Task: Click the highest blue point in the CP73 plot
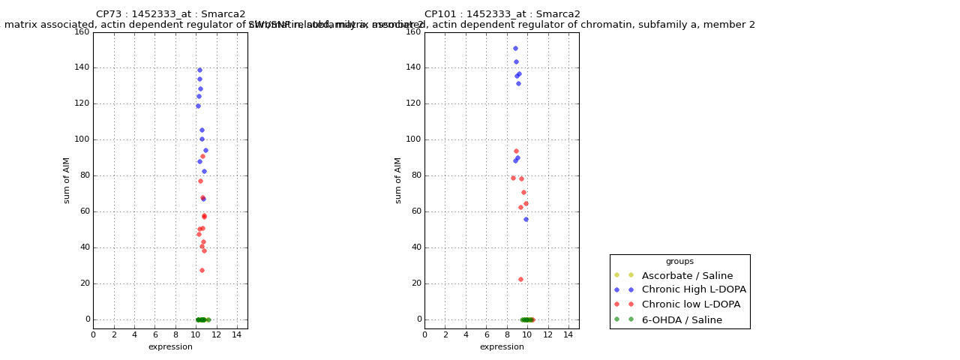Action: coord(199,70)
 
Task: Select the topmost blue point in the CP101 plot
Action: coord(515,48)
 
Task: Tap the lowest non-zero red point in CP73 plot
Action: coord(202,270)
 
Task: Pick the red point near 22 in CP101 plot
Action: coord(520,279)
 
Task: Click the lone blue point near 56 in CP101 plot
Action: coord(526,219)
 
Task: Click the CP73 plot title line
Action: coord(170,14)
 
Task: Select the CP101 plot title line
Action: coord(502,14)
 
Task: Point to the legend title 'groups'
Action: coord(679,262)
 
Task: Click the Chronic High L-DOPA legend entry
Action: coord(694,289)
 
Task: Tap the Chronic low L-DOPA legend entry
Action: coord(691,304)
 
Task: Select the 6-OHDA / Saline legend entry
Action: coord(682,320)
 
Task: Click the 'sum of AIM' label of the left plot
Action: coord(67,180)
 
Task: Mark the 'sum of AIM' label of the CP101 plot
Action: coord(398,180)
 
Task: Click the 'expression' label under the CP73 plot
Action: coord(170,346)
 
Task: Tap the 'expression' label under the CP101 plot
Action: coord(502,346)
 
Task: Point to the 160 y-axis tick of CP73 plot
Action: coord(81,31)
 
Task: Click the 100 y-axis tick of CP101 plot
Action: coord(412,139)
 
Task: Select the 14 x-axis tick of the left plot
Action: coord(237,334)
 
